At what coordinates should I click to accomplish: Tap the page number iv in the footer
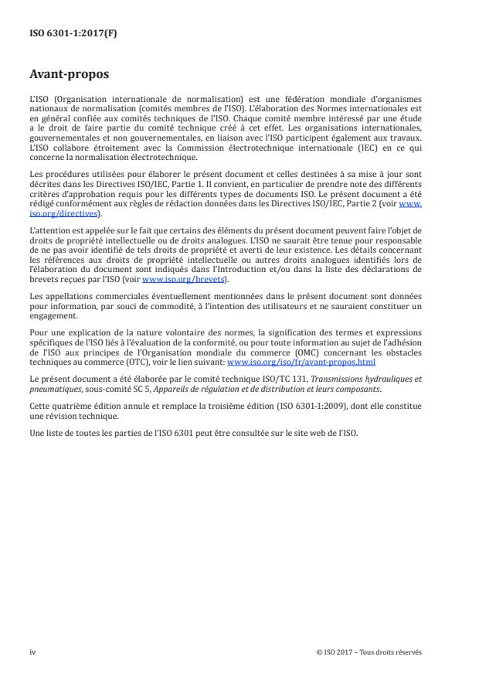(32, 651)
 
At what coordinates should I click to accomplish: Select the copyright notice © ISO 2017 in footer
(369, 651)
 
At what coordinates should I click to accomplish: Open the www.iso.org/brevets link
(173, 280)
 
